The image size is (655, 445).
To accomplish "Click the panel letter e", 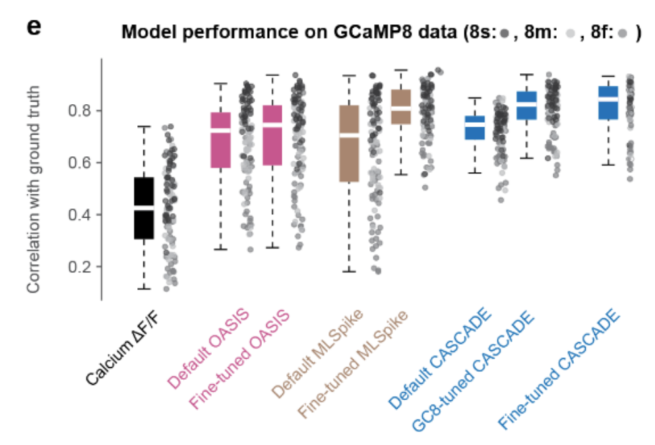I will tap(34, 28).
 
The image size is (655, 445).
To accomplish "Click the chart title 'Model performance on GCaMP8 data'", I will tap(291, 32).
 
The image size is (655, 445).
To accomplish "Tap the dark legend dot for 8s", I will tap(506, 32).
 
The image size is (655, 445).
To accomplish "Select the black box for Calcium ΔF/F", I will tap(144, 208).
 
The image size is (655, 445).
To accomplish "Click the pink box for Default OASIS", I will tap(220, 140).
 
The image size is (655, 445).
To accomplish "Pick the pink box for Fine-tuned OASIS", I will tap(272, 134).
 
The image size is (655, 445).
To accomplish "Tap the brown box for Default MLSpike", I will tap(349, 143).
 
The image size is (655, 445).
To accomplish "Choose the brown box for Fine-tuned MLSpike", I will tap(400, 107).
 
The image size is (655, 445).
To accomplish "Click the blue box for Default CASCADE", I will tap(474, 128).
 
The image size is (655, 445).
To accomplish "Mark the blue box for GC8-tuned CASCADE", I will tap(526, 105).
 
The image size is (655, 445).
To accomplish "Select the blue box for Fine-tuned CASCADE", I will tap(608, 103).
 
